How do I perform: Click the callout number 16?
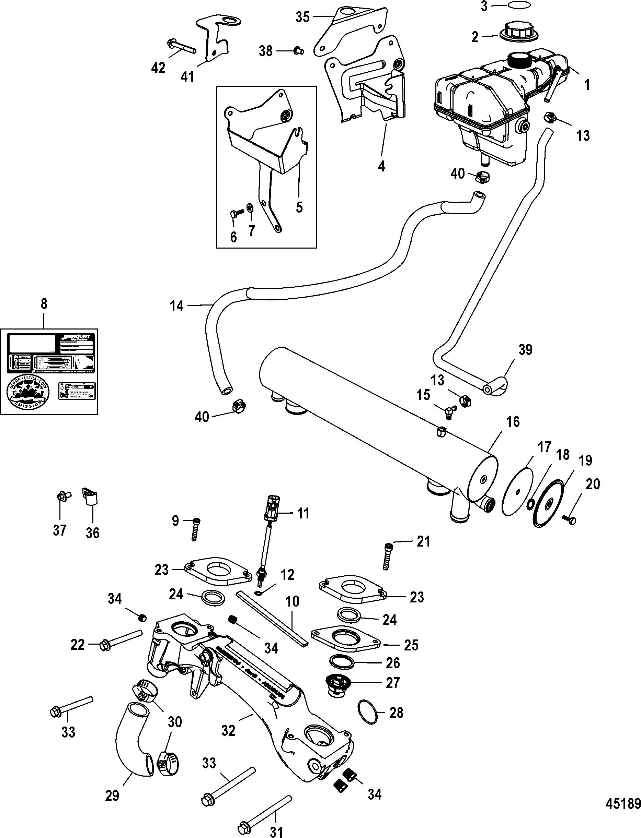tap(513, 422)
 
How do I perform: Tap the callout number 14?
tap(177, 306)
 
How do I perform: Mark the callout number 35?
tap(302, 17)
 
